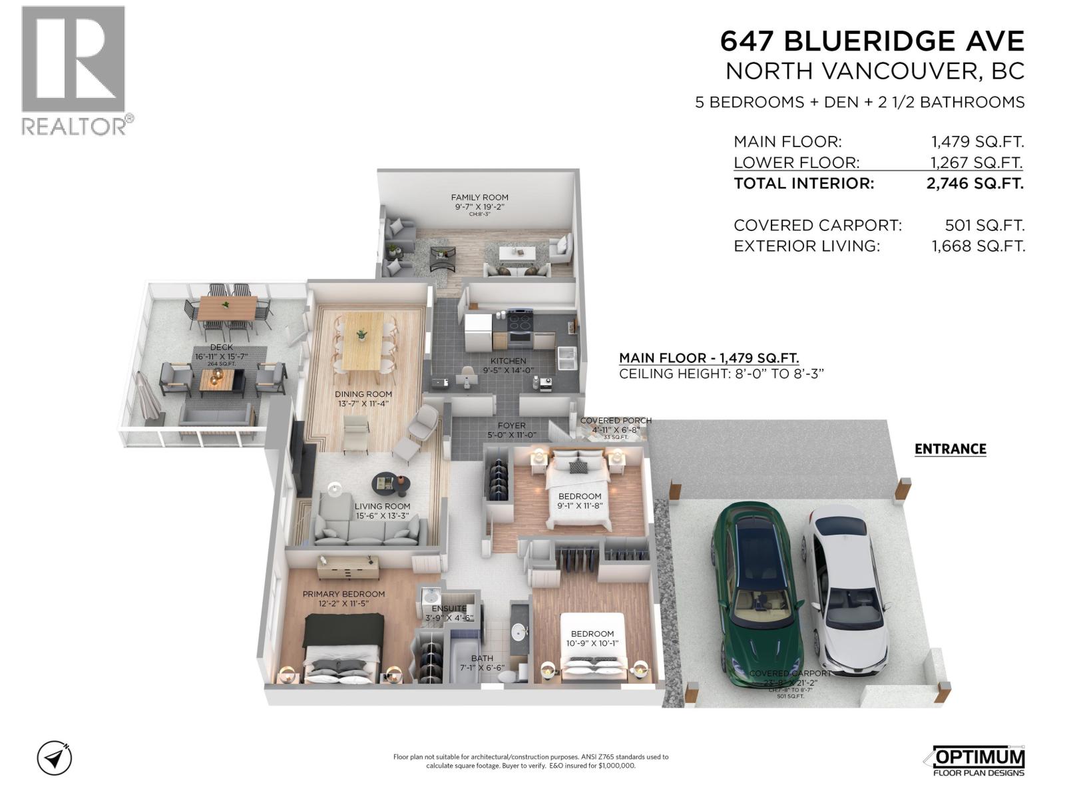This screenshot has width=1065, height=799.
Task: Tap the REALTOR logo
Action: pos(73,70)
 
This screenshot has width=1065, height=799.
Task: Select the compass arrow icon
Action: pos(55,758)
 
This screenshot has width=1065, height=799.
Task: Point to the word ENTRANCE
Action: pos(950,449)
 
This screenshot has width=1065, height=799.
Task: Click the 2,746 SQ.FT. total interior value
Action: pos(974,184)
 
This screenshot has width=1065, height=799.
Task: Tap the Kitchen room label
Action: pos(508,362)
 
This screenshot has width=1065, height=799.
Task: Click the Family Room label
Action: pos(479,197)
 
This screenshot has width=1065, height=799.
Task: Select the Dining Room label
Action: pos(363,394)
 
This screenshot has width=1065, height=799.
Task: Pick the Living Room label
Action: pos(382,506)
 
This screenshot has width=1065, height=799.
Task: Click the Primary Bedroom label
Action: pos(343,594)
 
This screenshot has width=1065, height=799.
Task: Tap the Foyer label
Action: pos(511,425)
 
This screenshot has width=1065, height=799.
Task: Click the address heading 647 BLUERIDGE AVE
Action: pos(872,41)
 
